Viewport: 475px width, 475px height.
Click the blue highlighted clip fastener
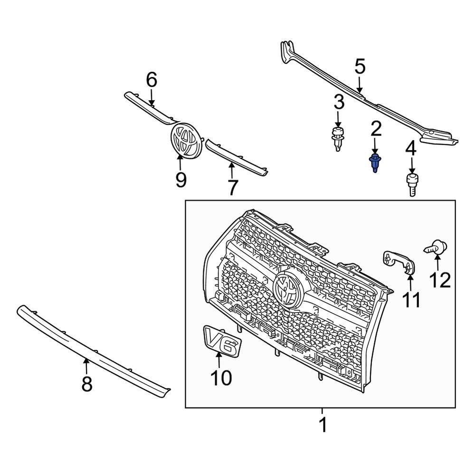point(375,163)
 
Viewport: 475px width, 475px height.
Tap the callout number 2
point(376,128)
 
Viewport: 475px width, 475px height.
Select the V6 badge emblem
point(221,341)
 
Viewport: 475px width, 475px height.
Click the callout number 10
point(221,378)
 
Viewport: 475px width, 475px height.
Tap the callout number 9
point(180,180)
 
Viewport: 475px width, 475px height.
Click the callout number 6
point(151,80)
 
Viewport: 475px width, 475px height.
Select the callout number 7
point(232,188)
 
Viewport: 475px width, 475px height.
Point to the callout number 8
point(86,384)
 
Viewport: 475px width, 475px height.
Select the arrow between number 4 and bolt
point(411,165)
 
